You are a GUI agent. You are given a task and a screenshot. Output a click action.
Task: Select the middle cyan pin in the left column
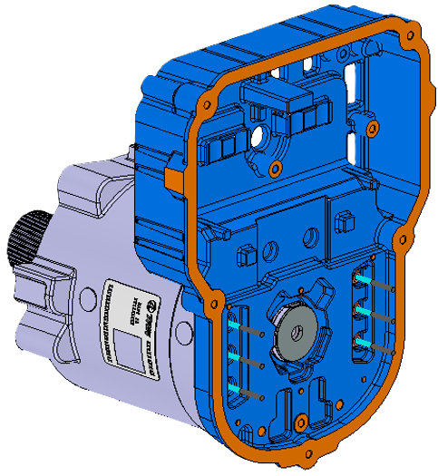[x=238, y=357]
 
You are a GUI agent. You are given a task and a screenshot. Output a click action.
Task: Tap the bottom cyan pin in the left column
[x=238, y=389]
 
